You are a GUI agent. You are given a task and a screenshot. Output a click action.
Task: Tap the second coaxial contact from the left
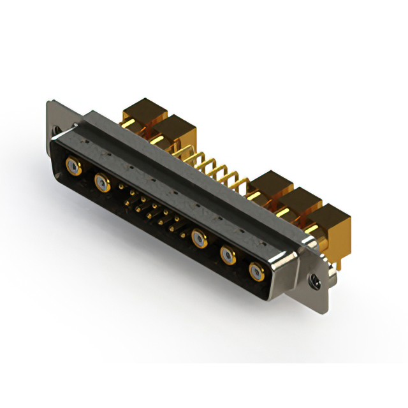101,184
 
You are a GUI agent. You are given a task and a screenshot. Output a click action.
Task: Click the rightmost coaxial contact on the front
256,272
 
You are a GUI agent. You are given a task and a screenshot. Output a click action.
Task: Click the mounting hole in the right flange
312,279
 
